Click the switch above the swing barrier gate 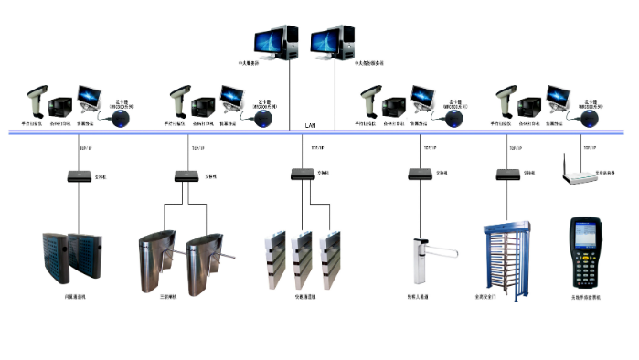pyautogui.click(x=418, y=173)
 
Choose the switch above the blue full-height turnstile pyautogui.click(x=506, y=173)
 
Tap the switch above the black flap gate pyautogui.click(x=75, y=175)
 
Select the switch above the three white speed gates pyautogui.click(x=302, y=173)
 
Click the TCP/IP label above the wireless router pyautogui.click(x=576, y=147)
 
